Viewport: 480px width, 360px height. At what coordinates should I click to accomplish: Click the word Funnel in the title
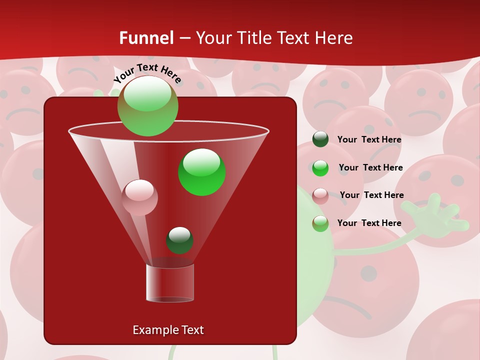(x=146, y=38)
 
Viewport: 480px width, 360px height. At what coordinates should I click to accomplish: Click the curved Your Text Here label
(x=147, y=73)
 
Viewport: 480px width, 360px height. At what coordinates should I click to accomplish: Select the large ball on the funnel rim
(x=147, y=106)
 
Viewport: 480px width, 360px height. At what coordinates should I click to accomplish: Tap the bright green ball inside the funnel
(x=201, y=172)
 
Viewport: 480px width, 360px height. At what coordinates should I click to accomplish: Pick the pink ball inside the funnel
(x=139, y=197)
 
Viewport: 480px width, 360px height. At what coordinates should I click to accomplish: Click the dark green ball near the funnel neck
(x=179, y=240)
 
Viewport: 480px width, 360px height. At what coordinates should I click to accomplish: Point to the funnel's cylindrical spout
(x=170, y=283)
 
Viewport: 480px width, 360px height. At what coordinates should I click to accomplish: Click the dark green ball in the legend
(x=320, y=139)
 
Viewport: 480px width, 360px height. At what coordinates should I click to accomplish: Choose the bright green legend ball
(x=320, y=167)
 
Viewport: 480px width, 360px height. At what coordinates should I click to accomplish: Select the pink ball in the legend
(x=320, y=195)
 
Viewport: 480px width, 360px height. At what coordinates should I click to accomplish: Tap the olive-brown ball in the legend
(x=320, y=223)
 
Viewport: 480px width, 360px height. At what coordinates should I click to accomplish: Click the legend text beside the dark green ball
(x=369, y=139)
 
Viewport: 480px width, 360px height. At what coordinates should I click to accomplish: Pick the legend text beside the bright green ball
(x=370, y=167)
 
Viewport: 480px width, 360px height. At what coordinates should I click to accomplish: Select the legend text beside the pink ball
(x=371, y=195)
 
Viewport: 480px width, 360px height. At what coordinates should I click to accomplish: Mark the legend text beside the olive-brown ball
(x=369, y=223)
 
